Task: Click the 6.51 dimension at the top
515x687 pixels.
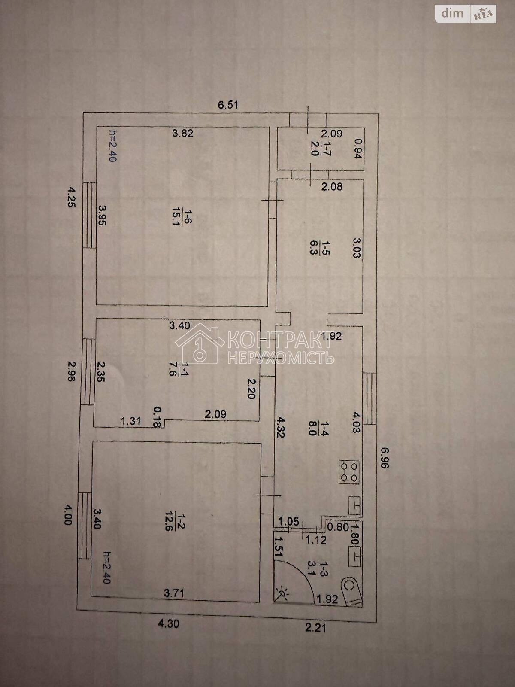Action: (x=228, y=104)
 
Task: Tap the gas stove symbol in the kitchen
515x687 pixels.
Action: (x=349, y=472)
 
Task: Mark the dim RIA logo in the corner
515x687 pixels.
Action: (x=465, y=14)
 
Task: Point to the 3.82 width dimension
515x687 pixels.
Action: (x=183, y=134)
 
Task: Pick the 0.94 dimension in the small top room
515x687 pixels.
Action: (x=358, y=149)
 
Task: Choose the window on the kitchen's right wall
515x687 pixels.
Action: (x=370, y=398)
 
